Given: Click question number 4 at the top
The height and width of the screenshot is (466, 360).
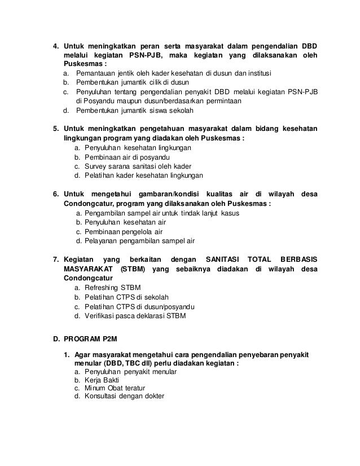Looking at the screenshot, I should pos(55,46).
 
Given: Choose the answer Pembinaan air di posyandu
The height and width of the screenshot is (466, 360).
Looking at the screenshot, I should pos(128,156).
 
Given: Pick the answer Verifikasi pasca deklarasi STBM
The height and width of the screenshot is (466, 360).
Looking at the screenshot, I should pos(135,315).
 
